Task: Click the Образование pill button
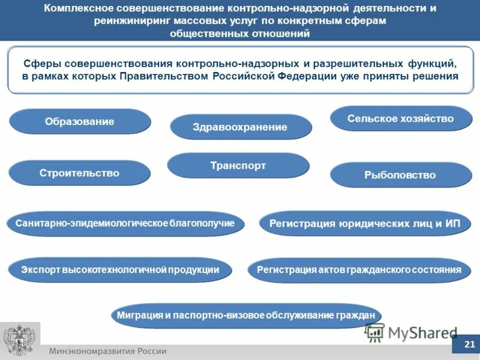[x=80, y=122]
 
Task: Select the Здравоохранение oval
[x=241, y=127]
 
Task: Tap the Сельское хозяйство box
[x=401, y=119]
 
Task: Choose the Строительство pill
[x=80, y=173]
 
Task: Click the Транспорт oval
[x=238, y=166]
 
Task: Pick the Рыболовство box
[x=401, y=175]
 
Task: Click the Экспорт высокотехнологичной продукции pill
[x=120, y=270]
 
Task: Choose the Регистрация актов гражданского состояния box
[x=359, y=270]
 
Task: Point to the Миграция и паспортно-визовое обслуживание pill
[x=246, y=316]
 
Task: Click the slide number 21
[x=469, y=344]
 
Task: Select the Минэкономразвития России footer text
[x=108, y=351]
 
